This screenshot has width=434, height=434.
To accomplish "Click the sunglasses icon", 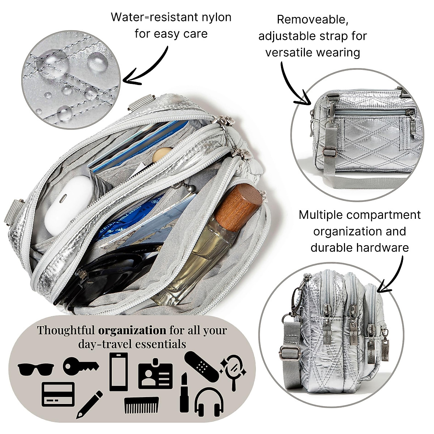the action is [x=36, y=369].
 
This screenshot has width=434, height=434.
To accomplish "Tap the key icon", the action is [x=80, y=366].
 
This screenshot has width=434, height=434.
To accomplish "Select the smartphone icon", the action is [x=119, y=371].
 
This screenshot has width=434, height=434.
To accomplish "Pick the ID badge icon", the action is [x=156, y=375].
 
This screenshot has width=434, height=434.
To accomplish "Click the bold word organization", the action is [x=132, y=330].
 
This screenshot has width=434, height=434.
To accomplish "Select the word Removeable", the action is [x=312, y=20].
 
